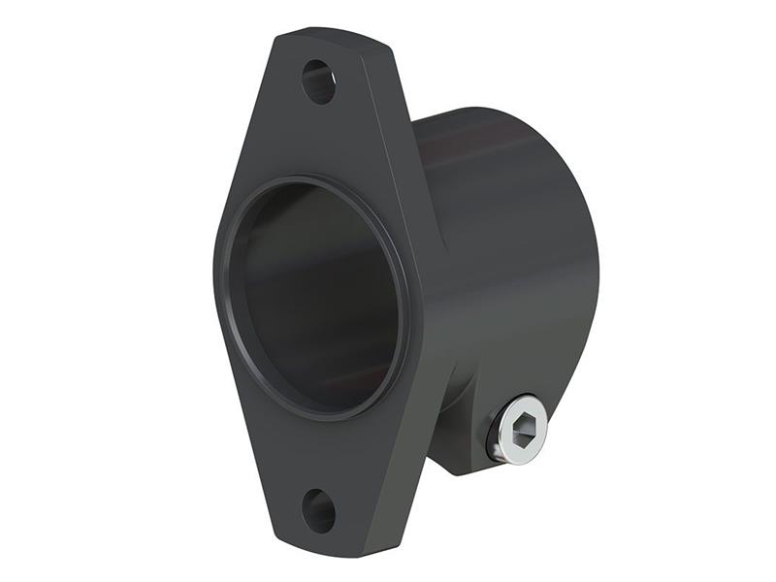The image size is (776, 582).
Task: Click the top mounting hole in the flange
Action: click(318, 81)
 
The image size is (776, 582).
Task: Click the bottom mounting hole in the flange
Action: click(318, 510)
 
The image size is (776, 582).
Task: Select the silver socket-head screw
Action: click(517, 429)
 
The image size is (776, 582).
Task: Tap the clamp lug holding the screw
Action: click(466, 427)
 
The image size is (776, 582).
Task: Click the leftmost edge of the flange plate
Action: click(216, 291)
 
